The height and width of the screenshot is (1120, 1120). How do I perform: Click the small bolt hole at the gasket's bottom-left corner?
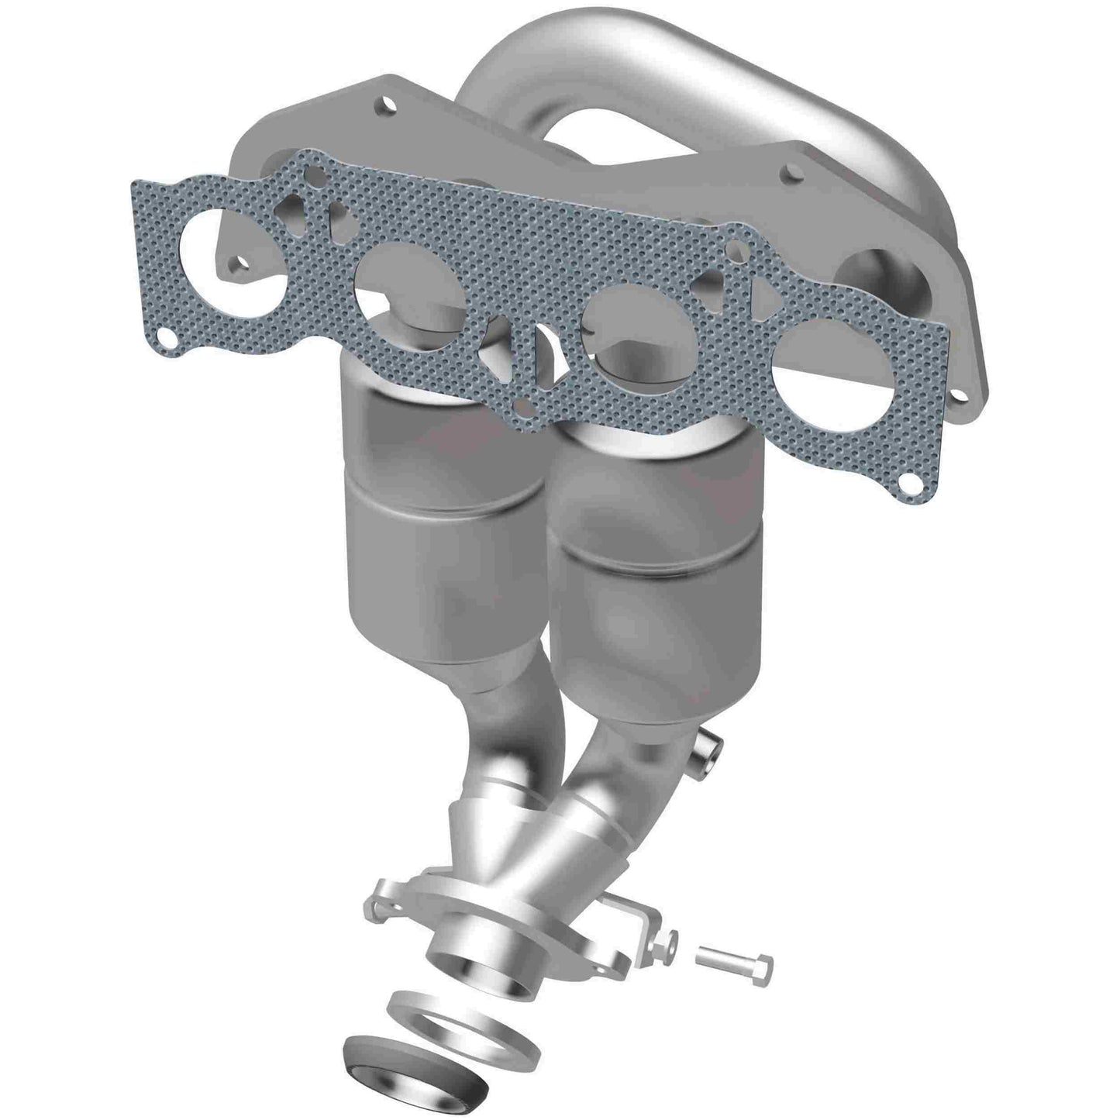point(165,336)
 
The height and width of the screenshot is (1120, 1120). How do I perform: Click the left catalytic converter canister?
point(438,512)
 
